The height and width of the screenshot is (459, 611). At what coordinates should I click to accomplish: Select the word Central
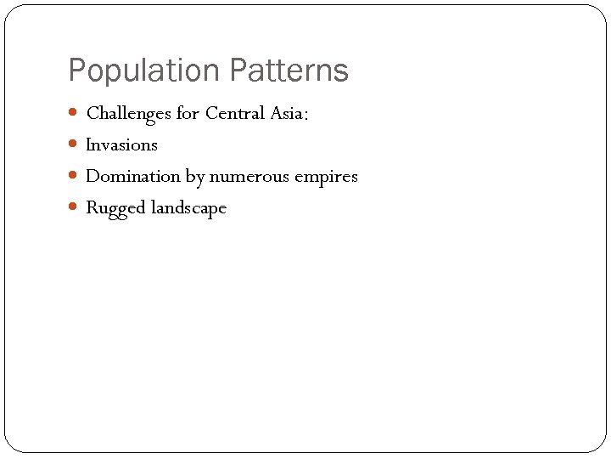pyautogui.click(x=235, y=113)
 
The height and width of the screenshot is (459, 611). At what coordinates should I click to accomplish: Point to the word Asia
pyautogui.click(x=286, y=113)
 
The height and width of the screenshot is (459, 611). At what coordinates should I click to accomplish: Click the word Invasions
pyautogui.click(x=121, y=144)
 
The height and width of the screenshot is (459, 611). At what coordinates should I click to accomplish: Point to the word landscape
pyautogui.click(x=188, y=208)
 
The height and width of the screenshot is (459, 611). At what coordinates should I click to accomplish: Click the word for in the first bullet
pyautogui.click(x=188, y=113)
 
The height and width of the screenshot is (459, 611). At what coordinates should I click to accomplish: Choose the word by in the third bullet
pyautogui.click(x=194, y=177)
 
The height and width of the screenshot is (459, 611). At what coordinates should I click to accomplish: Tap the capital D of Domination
pyautogui.click(x=92, y=176)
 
